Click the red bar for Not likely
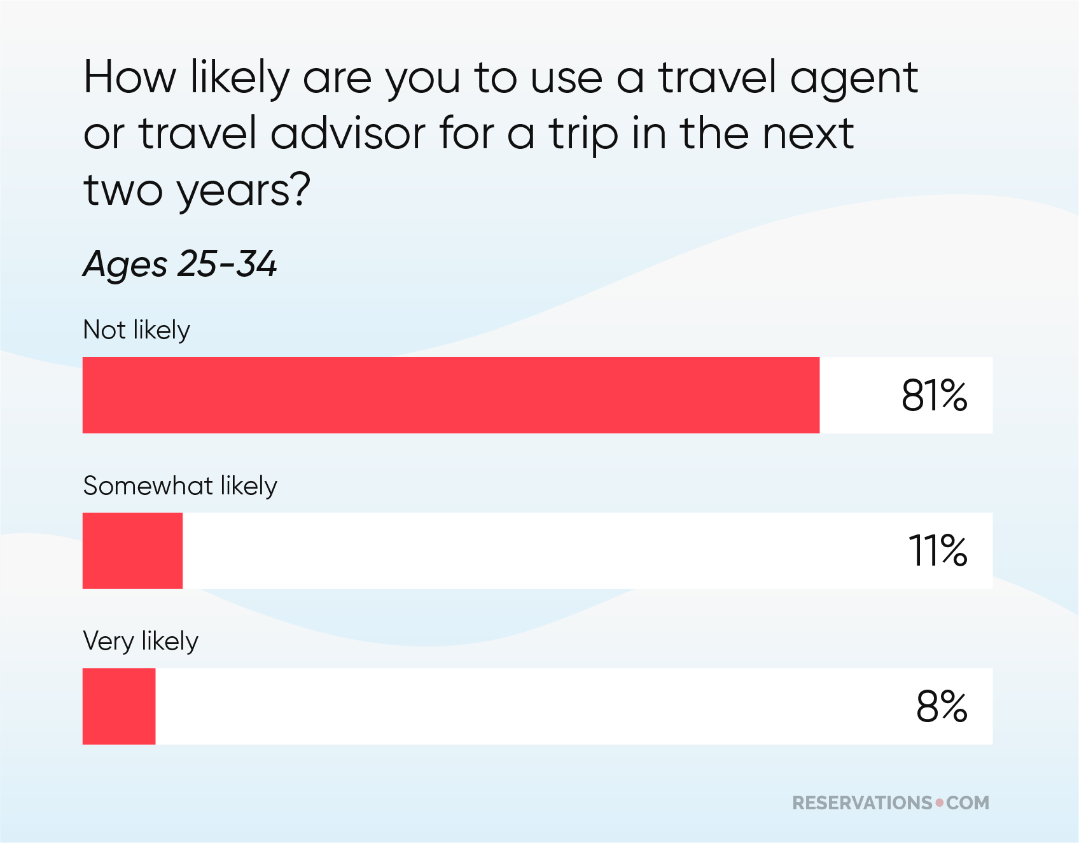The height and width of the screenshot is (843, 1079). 450,395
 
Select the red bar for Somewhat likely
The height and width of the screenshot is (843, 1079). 132,550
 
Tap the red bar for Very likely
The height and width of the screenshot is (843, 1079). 119,706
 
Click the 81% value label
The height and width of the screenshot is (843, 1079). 934,395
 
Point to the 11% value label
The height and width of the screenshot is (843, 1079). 937,550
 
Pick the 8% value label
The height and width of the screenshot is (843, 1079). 942,706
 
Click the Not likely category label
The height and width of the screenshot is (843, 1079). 136,330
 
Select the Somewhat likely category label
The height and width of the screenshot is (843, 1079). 180,486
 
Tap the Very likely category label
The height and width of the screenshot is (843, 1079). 141,641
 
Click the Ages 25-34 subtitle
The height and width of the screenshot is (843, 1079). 180,264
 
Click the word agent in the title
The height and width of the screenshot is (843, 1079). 853,79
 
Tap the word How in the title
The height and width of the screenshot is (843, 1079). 130,78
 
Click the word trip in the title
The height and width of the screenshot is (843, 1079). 583,135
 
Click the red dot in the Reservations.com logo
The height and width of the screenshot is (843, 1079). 940,802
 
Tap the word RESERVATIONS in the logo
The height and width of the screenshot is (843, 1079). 862,803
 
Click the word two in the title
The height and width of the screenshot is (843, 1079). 123,190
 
